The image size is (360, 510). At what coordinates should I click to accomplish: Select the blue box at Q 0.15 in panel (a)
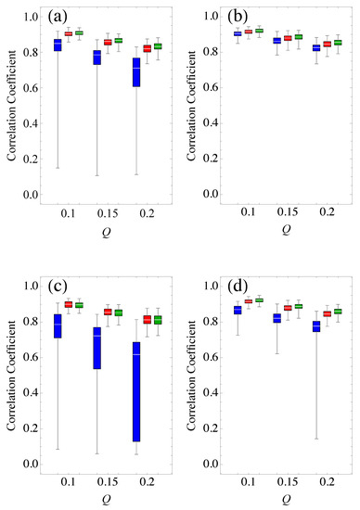coord(96,57)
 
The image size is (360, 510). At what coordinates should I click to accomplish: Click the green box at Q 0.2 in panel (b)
coord(338,42)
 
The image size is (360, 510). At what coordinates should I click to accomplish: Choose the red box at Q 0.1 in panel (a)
coord(68,33)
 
